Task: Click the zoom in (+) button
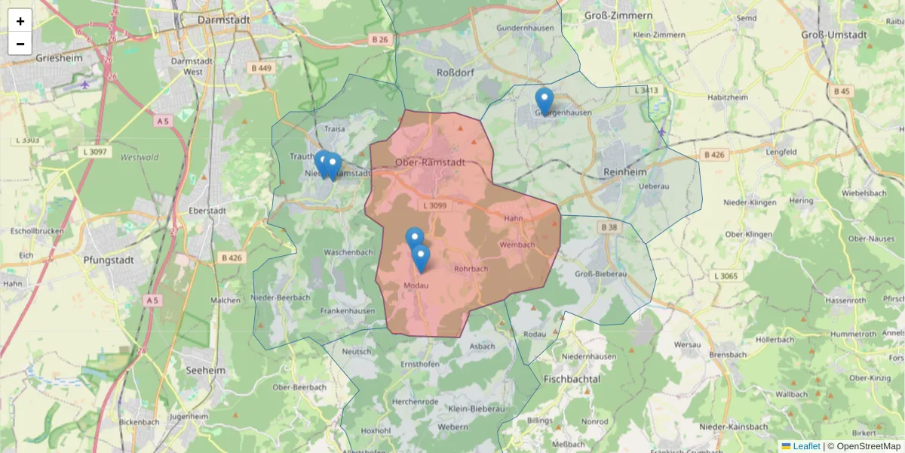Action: (x=20, y=21)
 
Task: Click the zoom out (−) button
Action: (x=20, y=44)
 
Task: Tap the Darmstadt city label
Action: (x=223, y=20)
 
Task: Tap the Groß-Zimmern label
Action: (x=618, y=15)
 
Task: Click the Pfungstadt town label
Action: (x=109, y=260)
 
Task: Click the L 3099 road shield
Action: (x=434, y=205)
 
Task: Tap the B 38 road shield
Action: (x=608, y=226)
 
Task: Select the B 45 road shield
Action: (x=842, y=91)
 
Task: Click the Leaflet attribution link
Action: (x=805, y=446)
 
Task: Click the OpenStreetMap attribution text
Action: (x=868, y=446)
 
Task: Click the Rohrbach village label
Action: (x=471, y=269)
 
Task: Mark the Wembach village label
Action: (x=517, y=245)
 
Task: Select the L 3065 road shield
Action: (x=725, y=276)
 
